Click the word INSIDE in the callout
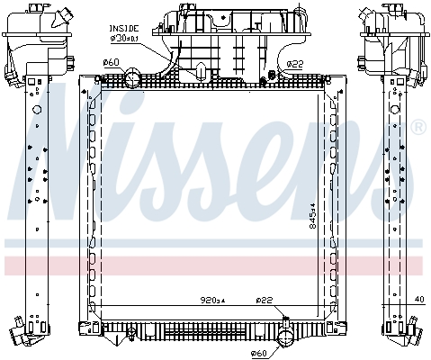click(x=124, y=29)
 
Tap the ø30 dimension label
click(x=125, y=39)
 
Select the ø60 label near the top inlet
click(x=111, y=62)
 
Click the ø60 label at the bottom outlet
click(x=258, y=353)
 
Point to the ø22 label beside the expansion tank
click(x=295, y=64)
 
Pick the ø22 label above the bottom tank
click(x=265, y=300)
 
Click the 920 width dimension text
click(x=212, y=300)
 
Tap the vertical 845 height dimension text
click(x=313, y=216)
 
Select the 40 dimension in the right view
click(x=420, y=300)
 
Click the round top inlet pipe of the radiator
click(x=132, y=77)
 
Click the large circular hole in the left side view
click(x=37, y=110)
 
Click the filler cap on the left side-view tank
click(x=63, y=15)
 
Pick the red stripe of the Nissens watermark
click(x=213, y=265)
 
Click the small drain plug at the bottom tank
click(x=131, y=334)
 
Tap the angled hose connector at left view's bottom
click(x=20, y=332)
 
